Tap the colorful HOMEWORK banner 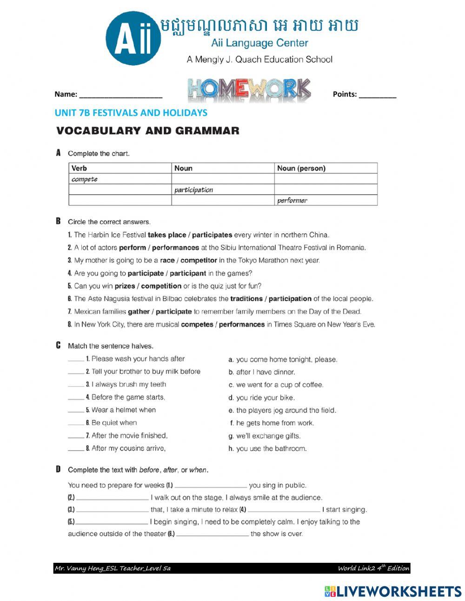250,90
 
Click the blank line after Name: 120,95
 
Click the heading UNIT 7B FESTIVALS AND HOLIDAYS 131,113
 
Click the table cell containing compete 120,179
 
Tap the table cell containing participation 223,190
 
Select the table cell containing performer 325,201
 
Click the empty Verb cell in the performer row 120,201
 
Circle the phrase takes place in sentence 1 167,235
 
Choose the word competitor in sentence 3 201,260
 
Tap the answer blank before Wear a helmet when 76,411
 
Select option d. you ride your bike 261,398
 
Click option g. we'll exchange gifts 264,436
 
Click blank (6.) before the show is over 213,534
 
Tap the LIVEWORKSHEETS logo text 393,591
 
